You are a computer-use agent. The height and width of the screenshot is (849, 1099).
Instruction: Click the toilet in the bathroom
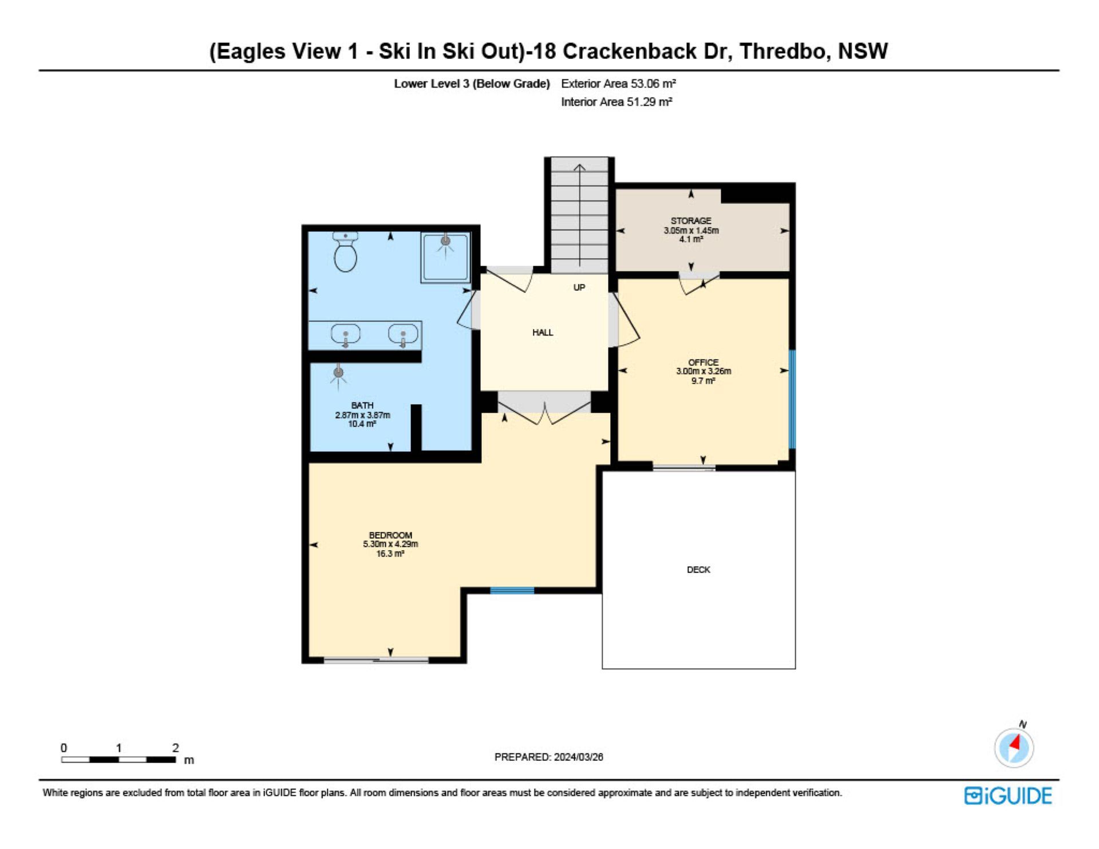tap(345, 252)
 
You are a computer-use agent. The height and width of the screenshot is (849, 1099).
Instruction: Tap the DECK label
tap(698, 570)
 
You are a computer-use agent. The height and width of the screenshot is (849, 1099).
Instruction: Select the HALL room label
tap(543, 332)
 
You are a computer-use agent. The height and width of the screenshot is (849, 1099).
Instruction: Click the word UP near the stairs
tap(579, 287)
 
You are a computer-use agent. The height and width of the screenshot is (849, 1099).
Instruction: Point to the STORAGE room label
tap(691, 220)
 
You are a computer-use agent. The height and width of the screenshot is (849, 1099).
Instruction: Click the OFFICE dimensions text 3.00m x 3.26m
tap(703, 371)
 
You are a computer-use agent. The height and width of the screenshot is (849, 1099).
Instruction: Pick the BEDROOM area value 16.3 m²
tap(390, 554)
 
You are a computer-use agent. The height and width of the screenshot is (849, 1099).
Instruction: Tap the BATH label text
tap(362, 405)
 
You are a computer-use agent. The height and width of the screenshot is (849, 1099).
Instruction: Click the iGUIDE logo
tap(1008, 796)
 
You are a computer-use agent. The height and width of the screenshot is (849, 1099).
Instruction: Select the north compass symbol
tap(1014, 747)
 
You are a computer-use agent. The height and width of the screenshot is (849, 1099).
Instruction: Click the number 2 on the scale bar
tap(176, 748)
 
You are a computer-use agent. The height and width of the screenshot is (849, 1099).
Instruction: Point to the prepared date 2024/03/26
tap(578, 757)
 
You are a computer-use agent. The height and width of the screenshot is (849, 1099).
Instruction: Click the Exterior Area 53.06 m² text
tap(618, 84)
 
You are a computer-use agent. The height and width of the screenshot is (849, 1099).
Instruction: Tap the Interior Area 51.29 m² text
tap(616, 102)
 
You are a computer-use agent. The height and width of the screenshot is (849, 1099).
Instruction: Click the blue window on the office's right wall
tap(792, 399)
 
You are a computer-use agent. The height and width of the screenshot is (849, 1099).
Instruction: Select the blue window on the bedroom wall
tap(512, 590)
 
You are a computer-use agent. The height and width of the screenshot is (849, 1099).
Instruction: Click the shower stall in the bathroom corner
tap(446, 257)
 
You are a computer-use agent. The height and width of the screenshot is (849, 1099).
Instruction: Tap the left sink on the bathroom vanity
tap(346, 334)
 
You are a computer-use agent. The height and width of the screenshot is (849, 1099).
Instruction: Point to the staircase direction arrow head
tap(579, 168)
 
